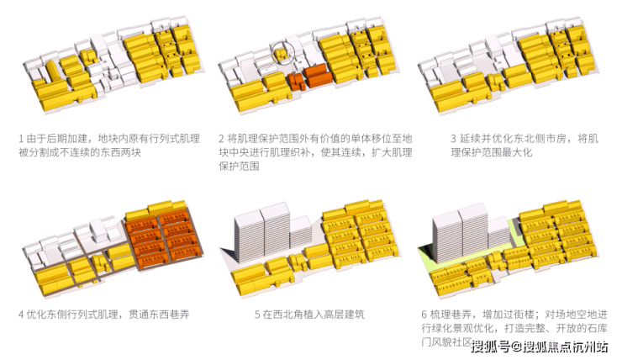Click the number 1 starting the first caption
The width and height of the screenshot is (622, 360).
[20, 137]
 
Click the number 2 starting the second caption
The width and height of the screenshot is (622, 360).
[221, 137]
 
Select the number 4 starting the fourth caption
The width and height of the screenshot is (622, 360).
[20, 315]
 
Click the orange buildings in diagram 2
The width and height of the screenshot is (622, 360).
[311, 79]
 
